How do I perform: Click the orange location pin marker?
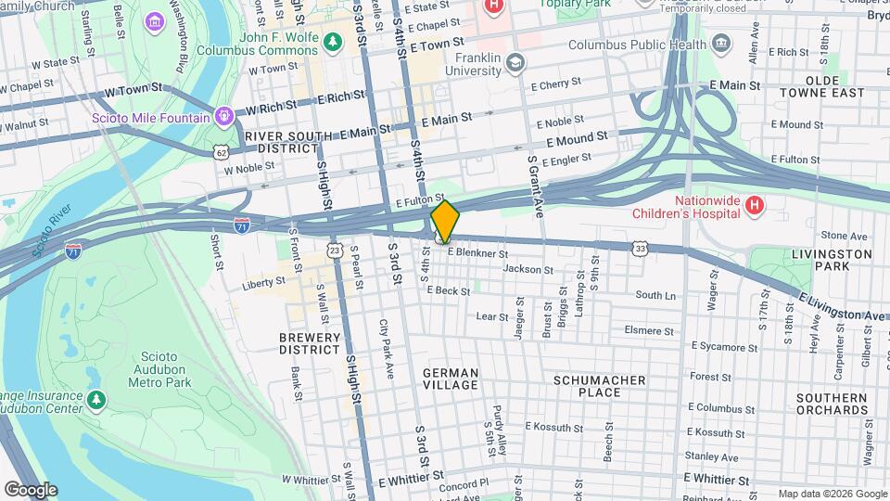444,221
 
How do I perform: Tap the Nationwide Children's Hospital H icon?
754,204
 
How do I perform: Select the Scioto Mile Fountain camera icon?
222,117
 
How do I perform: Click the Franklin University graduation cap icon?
515,63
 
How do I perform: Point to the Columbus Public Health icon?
720,44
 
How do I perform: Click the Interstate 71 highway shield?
241,225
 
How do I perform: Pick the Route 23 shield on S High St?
335,250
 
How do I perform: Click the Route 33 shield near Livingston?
640,248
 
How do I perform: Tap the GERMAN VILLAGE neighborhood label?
451,379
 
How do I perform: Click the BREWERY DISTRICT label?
311,343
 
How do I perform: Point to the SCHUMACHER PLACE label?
599,386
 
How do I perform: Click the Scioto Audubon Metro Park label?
154,369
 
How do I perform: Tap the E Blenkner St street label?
477,253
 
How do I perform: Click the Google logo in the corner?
31,489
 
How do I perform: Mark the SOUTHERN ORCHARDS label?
831,404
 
